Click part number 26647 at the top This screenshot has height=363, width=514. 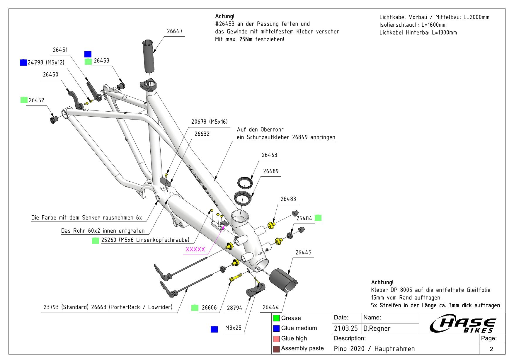tap(175, 31)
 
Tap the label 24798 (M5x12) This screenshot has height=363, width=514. tap(46, 62)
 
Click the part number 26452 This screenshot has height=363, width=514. tap(36, 100)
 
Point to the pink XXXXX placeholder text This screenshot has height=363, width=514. tap(195, 250)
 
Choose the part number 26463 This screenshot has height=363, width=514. tap(269, 155)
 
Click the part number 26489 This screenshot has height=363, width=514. tap(271, 171)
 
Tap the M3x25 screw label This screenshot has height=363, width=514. tap(233, 328)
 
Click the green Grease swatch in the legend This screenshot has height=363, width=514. tap(276, 318)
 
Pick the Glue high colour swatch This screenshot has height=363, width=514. tap(276, 339)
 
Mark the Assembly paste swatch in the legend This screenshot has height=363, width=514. tap(276, 349)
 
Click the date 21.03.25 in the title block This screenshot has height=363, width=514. tap(346, 329)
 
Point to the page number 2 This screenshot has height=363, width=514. tap(491, 349)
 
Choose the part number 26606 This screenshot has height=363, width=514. tap(209, 308)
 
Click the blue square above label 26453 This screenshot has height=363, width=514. tap(88, 54)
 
